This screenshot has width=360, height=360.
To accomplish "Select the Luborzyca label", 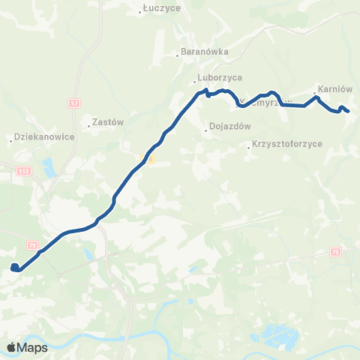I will [x=218, y=77].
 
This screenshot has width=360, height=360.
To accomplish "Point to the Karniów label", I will [x=335, y=88].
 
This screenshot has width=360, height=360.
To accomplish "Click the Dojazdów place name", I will [x=229, y=127].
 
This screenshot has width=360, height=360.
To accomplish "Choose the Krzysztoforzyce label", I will [x=287, y=142].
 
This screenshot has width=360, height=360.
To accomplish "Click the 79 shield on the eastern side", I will [x=334, y=253].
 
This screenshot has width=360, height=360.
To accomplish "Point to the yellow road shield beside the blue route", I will [x=149, y=159].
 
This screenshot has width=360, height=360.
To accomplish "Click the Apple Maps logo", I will [x=27, y=347].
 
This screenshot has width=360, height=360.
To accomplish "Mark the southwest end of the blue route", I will [x=14, y=267].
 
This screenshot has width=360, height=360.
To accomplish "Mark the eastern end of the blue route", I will [x=348, y=112].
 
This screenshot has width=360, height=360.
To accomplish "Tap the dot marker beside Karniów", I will [x=314, y=94].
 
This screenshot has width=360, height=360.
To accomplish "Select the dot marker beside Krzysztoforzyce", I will [x=249, y=148].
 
